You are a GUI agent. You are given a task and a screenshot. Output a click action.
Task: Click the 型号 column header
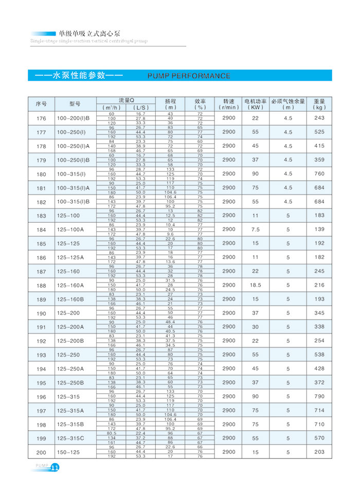(75, 103)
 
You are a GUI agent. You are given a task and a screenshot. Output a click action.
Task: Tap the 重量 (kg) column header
(319, 104)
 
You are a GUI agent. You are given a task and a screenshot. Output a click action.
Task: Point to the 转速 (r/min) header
(229, 104)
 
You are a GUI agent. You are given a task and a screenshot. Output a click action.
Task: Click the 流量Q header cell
(126, 100)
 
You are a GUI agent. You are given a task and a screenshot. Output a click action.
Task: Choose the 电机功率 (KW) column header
(255, 104)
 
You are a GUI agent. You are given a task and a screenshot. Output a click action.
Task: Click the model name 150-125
(68, 452)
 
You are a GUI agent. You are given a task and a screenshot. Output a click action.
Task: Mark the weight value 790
(319, 396)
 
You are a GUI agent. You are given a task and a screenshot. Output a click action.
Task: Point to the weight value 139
(319, 229)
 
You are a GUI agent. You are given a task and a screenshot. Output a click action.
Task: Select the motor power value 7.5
(255, 229)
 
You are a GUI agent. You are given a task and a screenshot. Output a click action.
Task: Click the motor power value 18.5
(255, 285)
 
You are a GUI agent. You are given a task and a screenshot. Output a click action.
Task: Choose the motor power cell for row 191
(255, 327)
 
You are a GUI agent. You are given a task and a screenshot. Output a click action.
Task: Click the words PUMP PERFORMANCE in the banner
(189, 76)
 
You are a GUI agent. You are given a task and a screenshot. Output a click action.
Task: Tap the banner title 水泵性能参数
(78, 76)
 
